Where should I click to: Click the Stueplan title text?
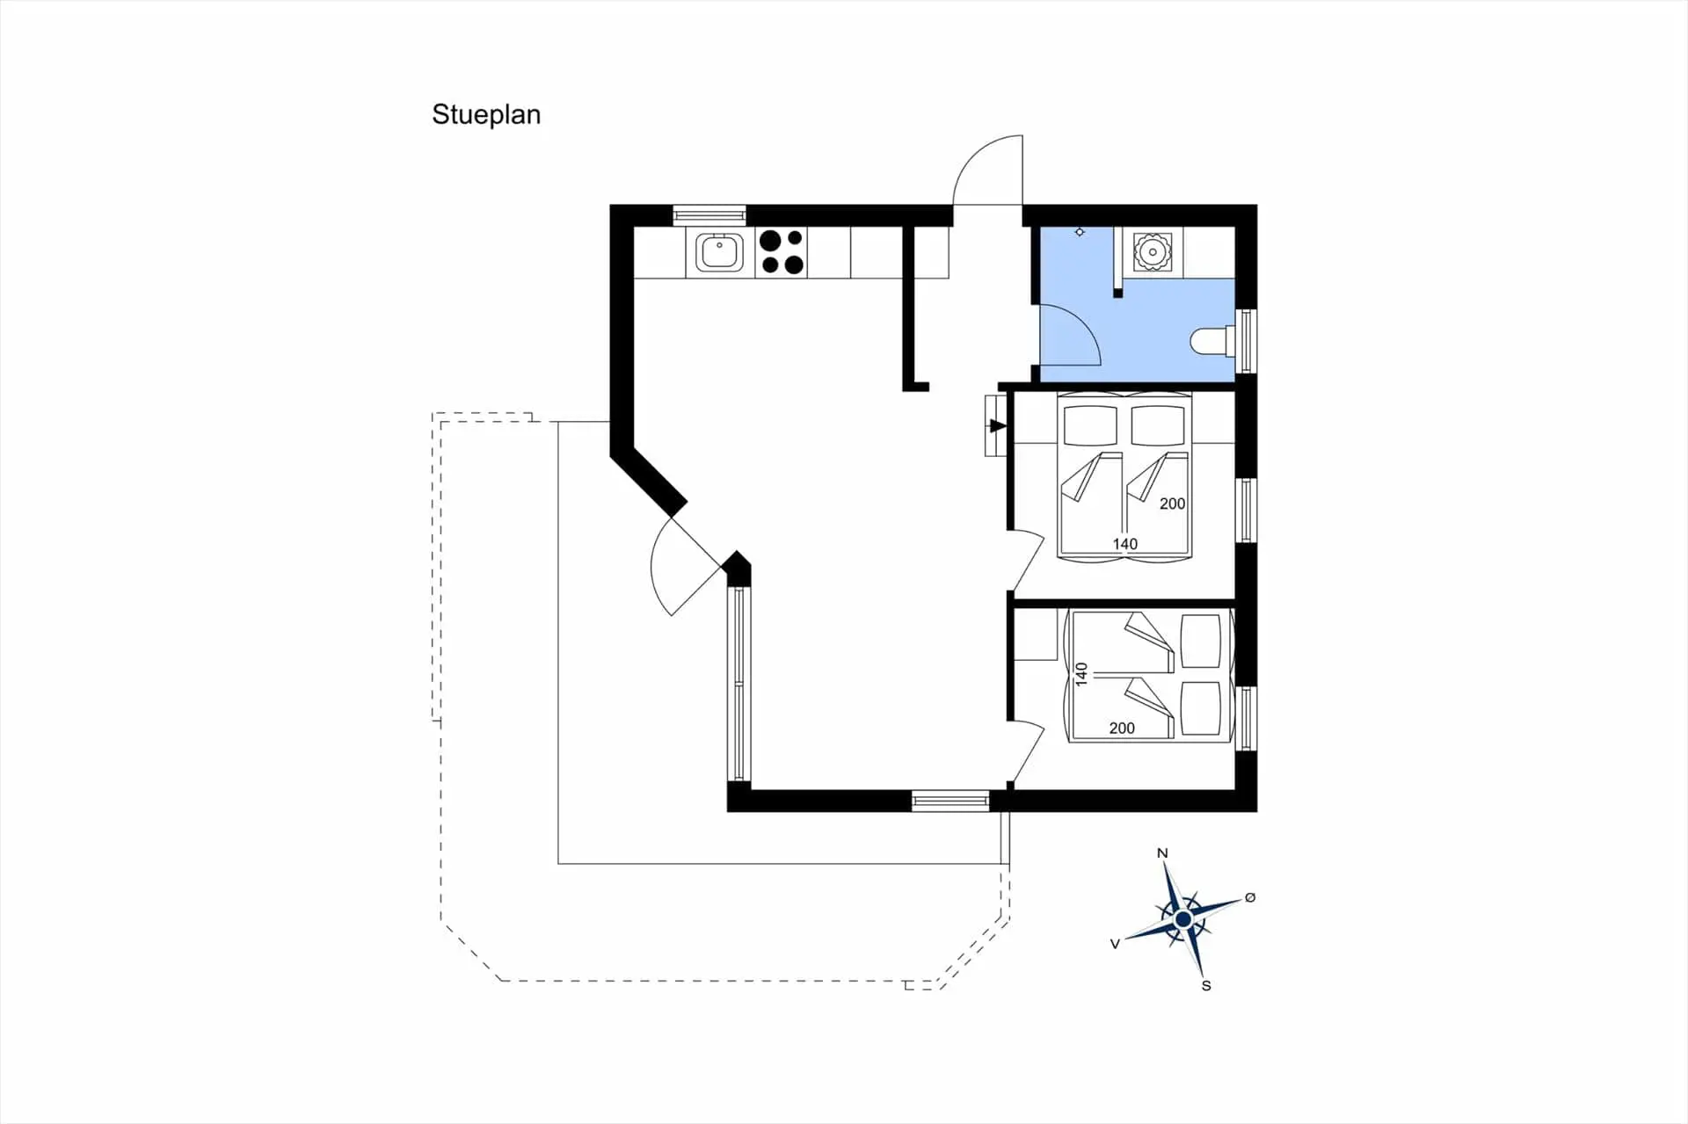(485, 115)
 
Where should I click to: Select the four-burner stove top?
(782, 252)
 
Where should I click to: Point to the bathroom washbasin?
(1150, 251)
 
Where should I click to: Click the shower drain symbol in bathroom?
(1080, 232)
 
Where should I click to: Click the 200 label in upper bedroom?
(1172, 504)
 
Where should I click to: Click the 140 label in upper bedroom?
(1124, 544)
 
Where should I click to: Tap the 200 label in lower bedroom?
(1122, 728)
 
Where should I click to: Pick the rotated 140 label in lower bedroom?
(1081, 674)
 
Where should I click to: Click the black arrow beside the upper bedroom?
(997, 426)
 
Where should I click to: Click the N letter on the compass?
(1162, 853)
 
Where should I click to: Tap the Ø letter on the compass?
(1250, 897)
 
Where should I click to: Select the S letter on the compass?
(1206, 986)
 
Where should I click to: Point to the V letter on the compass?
(1115, 944)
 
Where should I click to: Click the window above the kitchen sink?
(709, 214)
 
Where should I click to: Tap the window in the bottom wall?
(949, 801)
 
